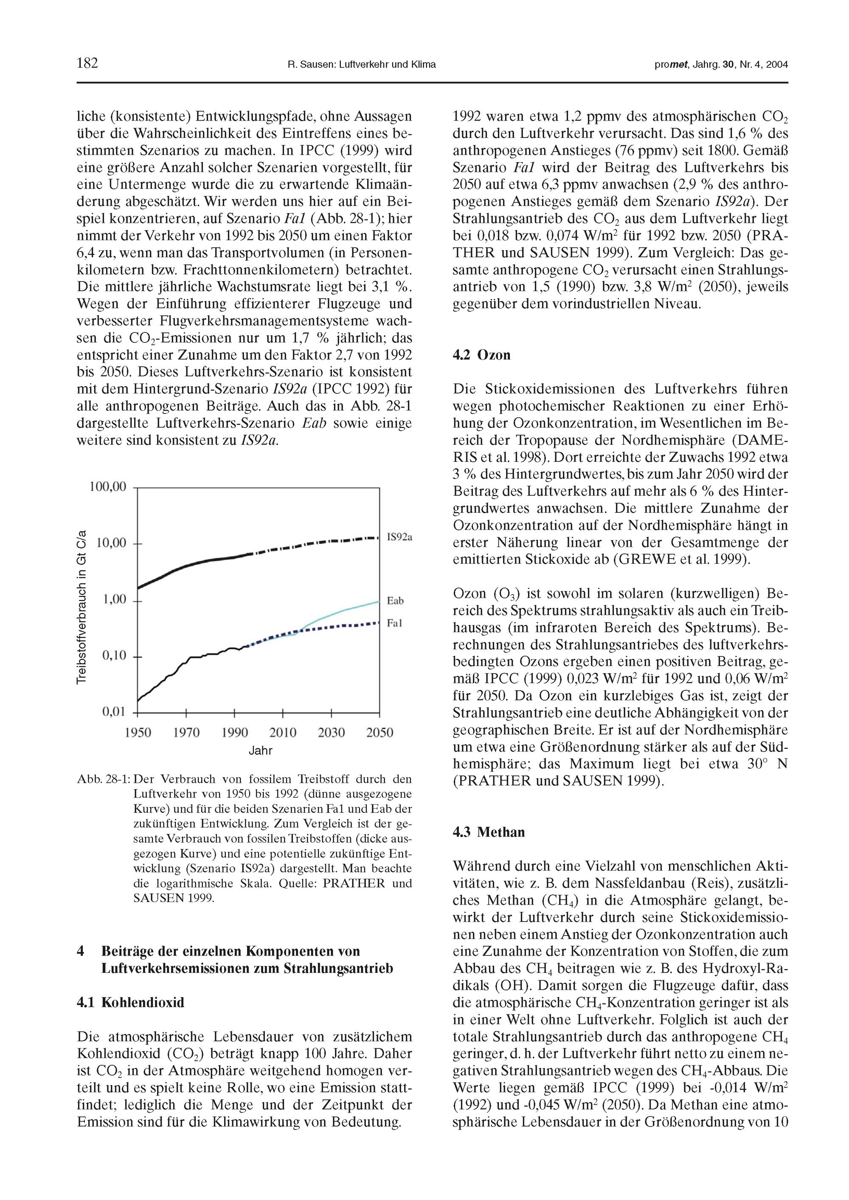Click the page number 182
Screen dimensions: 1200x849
[87, 64]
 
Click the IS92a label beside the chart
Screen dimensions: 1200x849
[399, 537]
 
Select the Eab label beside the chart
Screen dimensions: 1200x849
[395, 601]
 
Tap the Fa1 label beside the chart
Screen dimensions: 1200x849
[395, 623]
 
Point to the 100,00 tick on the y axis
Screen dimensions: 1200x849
[108, 487]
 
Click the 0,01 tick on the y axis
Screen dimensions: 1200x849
[113, 711]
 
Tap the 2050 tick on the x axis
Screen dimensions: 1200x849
[380, 733]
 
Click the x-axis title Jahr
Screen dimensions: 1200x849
[260, 751]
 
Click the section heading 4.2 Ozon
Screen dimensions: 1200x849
[481, 355]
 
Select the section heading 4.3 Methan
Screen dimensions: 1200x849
[488, 832]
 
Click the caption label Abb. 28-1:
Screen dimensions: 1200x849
[103, 779]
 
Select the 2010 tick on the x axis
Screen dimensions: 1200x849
[283, 733]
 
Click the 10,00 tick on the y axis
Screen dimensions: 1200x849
[111, 543]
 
